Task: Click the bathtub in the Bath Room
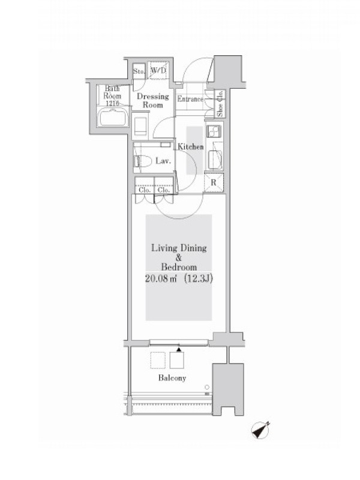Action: click(113, 117)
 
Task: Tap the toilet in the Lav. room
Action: click(143, 161)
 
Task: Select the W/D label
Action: click(158, 71)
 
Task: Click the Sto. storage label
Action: click(139, 71)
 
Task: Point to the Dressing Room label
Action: click(153, 100)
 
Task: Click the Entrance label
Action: click(190, 99)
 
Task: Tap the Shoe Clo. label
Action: click(220, 103)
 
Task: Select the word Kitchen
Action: click(190, 147)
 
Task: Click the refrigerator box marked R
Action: click(214, 183)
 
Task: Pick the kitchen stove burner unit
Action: click(214, 132)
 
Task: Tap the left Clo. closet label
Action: click(145, 190)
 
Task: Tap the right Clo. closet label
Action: click(163, 190)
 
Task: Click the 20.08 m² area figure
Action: click(161, 279)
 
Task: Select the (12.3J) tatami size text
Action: click(199, 279)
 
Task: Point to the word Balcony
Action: click(172, 378)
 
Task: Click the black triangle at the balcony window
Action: click(179, 349)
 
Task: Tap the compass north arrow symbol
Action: click(260, 430)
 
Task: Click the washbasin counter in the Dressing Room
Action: click(140, 126)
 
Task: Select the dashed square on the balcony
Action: click(158, 361)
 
